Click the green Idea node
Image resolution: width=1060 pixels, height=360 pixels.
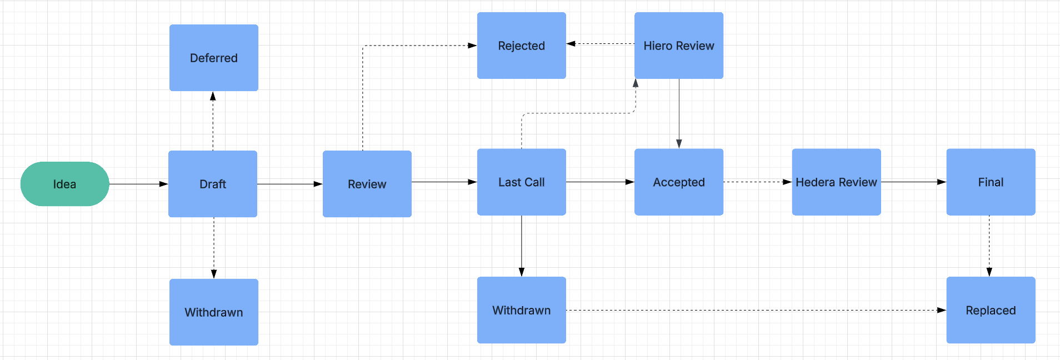[64, 184]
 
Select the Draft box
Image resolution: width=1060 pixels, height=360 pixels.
[213, 184]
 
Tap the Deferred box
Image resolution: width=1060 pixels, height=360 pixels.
[214, 58]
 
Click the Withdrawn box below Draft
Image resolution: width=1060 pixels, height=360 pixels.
[214, 312]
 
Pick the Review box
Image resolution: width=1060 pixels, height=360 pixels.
[367, 184]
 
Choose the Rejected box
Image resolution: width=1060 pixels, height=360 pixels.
[522, 46]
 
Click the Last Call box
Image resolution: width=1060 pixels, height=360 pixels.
[522, 182]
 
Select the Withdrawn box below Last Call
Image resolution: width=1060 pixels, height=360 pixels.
[522, 310]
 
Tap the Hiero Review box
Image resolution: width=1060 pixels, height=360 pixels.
[679, 46]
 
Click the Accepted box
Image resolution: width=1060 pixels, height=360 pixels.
[679, 182]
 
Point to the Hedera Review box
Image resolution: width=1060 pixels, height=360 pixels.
[837, 182]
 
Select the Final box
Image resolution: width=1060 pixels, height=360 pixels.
[991, 182]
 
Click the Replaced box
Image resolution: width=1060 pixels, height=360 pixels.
[991, 310]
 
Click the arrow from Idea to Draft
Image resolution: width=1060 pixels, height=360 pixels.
[139, 184]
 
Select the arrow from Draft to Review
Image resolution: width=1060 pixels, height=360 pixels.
[290, 184]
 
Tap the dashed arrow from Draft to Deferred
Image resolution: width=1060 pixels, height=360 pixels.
[213, 121]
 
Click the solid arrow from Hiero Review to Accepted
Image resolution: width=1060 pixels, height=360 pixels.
[679, 113]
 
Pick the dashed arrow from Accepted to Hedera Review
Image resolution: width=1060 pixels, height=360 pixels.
[758, 182]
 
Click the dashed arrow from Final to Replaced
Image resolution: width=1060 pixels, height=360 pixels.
[989, 246]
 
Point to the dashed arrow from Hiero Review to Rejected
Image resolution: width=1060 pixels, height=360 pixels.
[601, 43]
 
